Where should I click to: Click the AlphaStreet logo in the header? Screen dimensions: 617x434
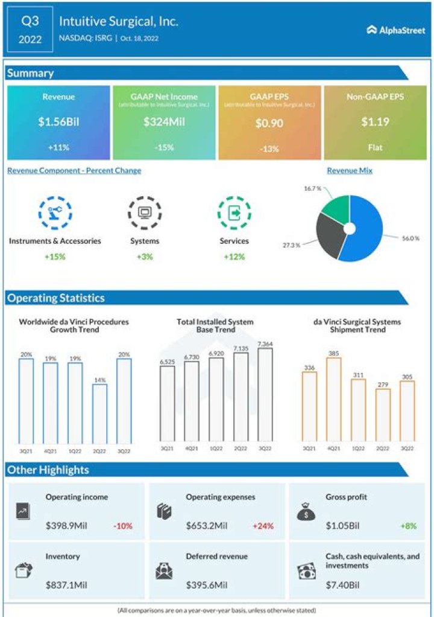(395, 30)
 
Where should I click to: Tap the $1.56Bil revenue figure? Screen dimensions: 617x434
(58, 121)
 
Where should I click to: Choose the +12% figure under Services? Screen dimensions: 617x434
(234, 257)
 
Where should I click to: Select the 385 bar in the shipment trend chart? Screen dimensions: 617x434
(333, 399)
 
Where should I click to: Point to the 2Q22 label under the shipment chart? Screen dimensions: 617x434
(382, 449)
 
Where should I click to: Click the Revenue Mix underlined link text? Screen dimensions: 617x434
(350, 171)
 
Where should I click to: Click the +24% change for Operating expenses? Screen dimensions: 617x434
(263, 526)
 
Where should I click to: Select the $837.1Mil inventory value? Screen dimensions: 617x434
(66, 584)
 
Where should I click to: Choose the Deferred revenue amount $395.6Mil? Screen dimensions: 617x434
(207, 584)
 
